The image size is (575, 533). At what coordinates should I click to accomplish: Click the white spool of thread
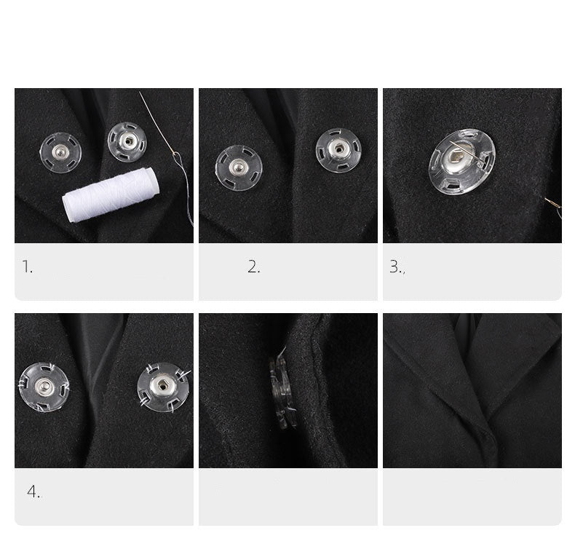pos(111,194)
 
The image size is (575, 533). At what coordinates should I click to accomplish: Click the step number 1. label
pos(27,266)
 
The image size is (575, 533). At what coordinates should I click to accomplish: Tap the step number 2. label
pos(253,266)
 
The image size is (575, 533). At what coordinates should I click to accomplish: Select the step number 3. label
pos(397,266)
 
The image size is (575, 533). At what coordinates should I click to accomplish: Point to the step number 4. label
pos(34,491)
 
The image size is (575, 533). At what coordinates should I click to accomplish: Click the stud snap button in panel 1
pos(60,152)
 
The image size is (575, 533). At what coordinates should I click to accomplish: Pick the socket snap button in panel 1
pos(127,142)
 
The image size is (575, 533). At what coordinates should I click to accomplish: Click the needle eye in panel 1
pos(177,158)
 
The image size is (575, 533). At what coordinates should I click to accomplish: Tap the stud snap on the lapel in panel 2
pos(239,168)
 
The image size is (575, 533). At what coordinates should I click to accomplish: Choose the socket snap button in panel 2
pos(338,150)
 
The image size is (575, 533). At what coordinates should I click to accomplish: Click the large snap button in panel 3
pos(462,162)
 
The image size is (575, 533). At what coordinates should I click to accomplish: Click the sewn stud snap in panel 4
pos(44,387)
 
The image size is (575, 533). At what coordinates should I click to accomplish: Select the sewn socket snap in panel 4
pos(163,387)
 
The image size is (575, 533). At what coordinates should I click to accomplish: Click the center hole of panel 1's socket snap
pos(128,141)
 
